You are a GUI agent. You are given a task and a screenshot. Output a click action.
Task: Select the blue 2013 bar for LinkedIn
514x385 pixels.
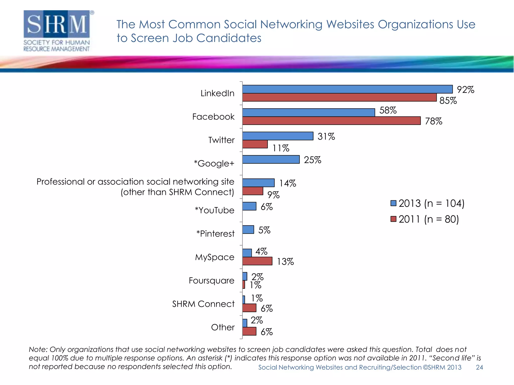pos(347,89)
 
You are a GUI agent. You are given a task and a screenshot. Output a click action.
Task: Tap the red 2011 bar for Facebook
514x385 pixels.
pos(331,121)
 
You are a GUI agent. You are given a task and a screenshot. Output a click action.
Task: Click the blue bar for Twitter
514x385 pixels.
pos(278,136)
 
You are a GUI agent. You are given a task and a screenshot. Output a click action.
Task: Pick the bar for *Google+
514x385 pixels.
pos(271,159)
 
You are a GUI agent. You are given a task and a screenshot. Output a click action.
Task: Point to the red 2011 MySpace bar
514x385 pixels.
pos(257,261)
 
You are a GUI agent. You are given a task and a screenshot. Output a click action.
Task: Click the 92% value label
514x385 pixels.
pos(465,90)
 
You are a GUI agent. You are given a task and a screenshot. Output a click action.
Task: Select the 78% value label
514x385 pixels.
pos(433,121)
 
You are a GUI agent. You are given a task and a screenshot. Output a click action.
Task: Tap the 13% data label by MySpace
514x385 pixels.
pos(285,262)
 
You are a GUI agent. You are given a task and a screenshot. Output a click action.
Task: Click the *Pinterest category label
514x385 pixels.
pos(215,234)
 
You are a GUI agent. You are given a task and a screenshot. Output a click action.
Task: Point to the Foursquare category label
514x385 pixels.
pos(211,280)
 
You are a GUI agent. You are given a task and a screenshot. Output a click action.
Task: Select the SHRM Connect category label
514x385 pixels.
pos(203,304)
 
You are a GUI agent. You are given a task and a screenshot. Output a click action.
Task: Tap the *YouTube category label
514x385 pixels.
pos(214,210)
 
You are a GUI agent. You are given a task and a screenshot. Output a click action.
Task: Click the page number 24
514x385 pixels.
pos(479,367)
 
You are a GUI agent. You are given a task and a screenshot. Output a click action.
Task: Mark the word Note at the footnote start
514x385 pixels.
pos(38,349)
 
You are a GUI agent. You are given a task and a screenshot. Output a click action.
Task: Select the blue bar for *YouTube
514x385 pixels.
pos(249,206)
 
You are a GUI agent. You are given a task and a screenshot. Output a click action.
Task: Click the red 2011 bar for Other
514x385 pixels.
pos(249,331)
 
